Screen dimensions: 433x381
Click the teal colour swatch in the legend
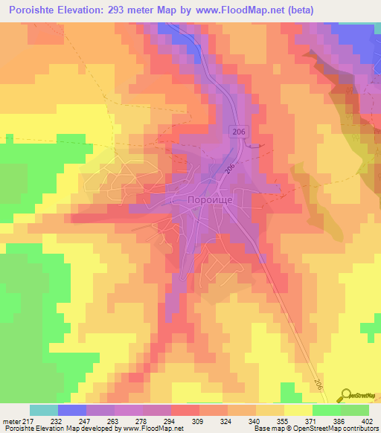(44, 409)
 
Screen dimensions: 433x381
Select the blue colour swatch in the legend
(72, 409)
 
